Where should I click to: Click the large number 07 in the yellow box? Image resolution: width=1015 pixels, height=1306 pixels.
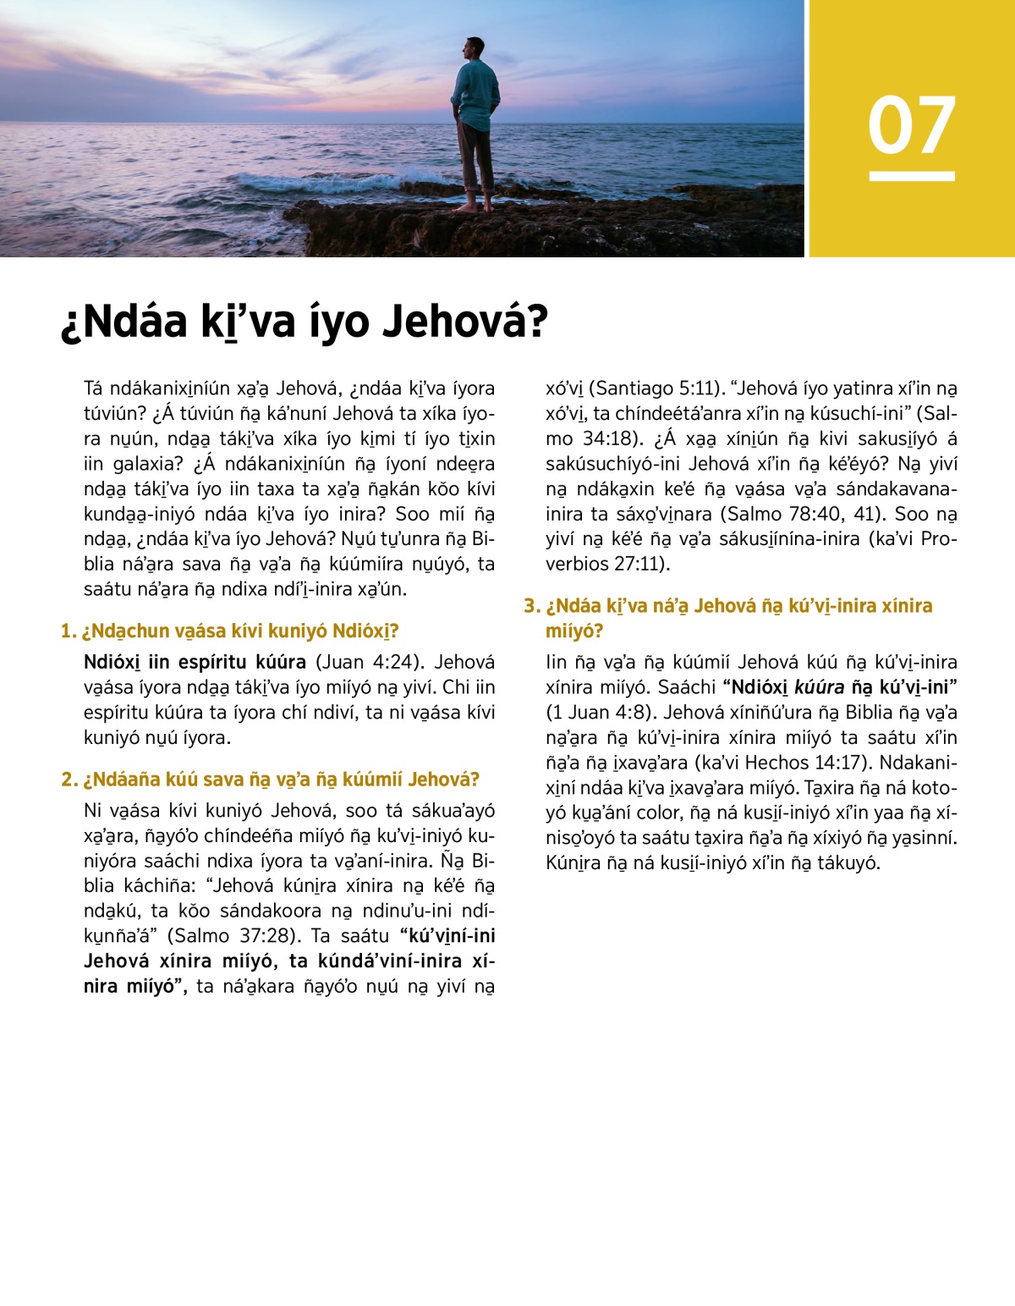pyautogui.click(x=911, y=125)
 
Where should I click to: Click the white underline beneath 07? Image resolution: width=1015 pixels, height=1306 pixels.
pyautogui.click(x=911, y=176)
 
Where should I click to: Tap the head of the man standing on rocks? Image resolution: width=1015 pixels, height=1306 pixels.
pyautogui.click(x=474, y=48)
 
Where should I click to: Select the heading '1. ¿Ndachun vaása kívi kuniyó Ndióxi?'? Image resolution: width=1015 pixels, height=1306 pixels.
pyautogui.click(x=230, y=631)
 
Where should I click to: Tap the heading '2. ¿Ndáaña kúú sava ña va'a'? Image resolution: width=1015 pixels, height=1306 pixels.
pyautogui.click(x=271, y=780)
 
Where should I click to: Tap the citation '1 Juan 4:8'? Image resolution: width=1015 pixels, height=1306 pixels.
pyautogui.click(x=596, y=713)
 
